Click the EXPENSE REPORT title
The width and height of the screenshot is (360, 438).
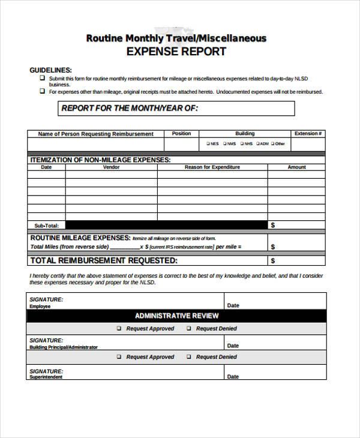176,52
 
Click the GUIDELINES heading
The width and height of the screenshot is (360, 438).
51,70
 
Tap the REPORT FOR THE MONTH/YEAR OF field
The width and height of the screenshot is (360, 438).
177,109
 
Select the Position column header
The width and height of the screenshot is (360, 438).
181,134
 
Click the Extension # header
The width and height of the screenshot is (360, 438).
308,134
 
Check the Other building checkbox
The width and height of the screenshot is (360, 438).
273,144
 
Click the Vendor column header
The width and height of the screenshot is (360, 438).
111,167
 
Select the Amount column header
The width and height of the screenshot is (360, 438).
296,167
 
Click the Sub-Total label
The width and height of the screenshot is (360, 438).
47,226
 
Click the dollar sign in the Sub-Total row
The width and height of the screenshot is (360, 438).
273,226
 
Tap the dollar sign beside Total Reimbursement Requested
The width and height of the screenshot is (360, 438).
273,261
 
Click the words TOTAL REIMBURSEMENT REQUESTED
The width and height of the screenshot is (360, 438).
104,261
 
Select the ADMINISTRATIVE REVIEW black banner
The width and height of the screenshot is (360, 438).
176,316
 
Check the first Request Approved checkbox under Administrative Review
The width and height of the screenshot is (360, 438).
119,329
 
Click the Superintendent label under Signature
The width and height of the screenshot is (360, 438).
46,377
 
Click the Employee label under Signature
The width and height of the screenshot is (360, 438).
40,307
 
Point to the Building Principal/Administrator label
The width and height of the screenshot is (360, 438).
63,347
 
